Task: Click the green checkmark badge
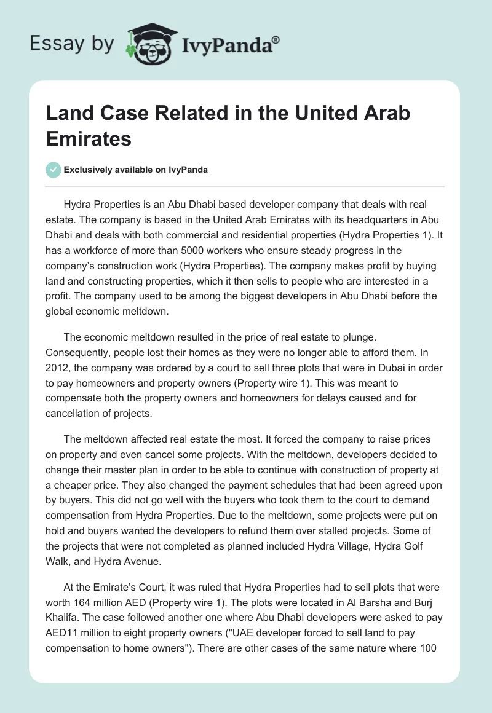coord(54,170)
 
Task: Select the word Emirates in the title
coord(89,138)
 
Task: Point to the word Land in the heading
coord(68,113)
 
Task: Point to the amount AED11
coord(63,632)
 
